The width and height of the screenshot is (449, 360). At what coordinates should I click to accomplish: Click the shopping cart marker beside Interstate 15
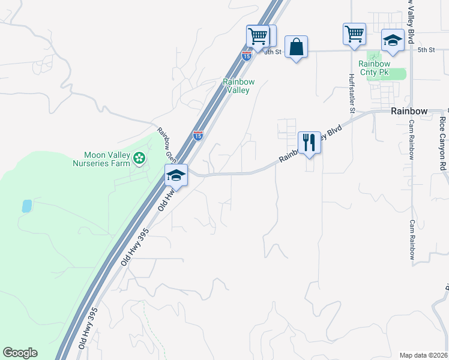(x=258, y=36)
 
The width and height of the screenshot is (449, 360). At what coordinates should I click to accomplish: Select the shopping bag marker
(x=297, y=47)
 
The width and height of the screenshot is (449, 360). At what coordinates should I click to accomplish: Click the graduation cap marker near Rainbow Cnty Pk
(x=393, y=40)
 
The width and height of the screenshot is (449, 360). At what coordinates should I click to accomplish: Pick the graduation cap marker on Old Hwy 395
(x=176, y=175)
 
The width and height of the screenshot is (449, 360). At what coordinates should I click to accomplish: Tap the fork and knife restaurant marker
(x=309, y=143)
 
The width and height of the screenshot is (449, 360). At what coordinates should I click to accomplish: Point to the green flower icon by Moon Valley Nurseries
(x=139, y=158)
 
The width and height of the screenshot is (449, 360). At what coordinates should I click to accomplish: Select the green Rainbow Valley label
(x=238, y=86)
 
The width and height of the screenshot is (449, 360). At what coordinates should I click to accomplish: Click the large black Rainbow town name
(x=409, y=112)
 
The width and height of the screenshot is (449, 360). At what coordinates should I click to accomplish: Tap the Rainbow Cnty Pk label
(x=374, y=68)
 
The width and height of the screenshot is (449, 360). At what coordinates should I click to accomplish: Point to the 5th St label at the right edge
(x=426, y=50)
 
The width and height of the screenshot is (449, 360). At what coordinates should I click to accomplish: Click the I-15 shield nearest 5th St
(x=246, y=56)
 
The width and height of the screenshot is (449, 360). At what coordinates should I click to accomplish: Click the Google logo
(x=20, y=353)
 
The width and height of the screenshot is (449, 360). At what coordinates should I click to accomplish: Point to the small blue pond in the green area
(x=27, y=206)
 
